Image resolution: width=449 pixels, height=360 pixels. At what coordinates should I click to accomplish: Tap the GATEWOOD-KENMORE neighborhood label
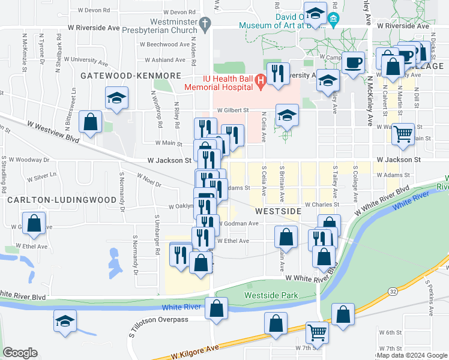[131, 76]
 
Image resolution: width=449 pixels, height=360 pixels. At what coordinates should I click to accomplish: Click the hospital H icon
[260, 80]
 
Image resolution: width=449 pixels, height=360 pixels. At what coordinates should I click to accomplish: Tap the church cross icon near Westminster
[205, 25]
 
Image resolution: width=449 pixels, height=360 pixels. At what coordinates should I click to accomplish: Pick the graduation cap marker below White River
[65, 321]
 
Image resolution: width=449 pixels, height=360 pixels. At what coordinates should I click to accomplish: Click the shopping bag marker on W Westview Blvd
[89, 123]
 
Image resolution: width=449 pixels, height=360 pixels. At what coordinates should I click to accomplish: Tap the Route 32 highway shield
[393, 291]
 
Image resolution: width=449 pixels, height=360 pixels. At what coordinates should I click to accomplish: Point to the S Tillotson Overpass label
[159, 319]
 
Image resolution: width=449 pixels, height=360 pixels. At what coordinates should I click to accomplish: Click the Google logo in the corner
[20, 352]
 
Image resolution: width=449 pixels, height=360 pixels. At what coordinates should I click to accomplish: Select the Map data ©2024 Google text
[411, 355]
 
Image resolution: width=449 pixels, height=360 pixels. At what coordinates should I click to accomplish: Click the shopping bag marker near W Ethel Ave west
[35, 223]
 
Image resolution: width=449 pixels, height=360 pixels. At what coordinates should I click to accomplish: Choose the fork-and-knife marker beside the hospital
[277, 74]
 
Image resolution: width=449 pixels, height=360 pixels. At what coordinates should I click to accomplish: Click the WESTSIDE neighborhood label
[277, 211]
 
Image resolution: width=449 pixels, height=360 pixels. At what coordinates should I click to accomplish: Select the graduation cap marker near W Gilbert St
[288, 115]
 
